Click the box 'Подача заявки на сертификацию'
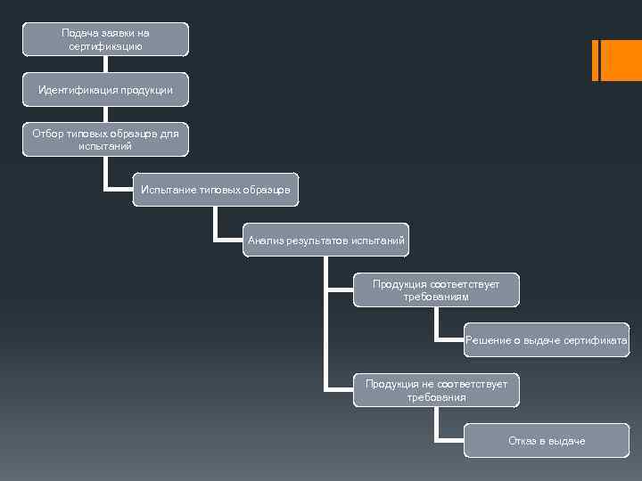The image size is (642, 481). (105, 39)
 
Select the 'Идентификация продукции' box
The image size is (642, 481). (105, 90)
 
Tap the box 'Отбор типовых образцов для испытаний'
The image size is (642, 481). (105, 140)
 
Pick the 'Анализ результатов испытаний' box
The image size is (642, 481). (325, 240)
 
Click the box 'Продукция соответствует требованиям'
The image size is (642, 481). (436, 290)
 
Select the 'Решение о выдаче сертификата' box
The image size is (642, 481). (546, 340)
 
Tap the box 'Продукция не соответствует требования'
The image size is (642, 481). (436, 390)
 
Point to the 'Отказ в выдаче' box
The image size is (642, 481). (546, 441)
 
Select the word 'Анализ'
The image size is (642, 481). (265, 240)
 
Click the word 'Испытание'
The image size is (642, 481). (166, 190)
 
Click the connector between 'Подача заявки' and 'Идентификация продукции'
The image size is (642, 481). (105, 64)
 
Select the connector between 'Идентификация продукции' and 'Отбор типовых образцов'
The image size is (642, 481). (105, 115)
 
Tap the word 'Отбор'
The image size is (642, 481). (46, 134)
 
